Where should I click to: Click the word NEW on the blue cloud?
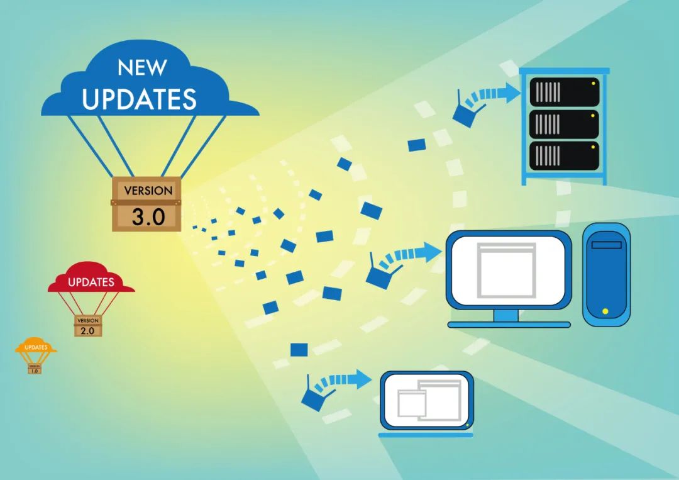pyautogui.click(x=142, y=67)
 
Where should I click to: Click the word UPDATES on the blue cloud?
pyautogui.click(x=139, y=99)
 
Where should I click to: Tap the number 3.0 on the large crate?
pyautogui.click(x=148, y=216)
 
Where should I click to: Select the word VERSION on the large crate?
pyautogui.click(x=148, y=191)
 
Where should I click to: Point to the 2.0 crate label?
pyautogui.click(x=87, y=330)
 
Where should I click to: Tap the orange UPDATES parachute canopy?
pyautogui.click(x=36, y=345)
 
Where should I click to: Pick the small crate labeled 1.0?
pyautogui.click(x=35, y=369)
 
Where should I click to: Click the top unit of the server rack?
pyautogui.click(x=564, y=92)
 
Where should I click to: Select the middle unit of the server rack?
pyautogui.click(x=564, y=124)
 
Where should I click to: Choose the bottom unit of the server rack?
pyautogui.click(x=564, y=156)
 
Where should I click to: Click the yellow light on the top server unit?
pyautogui.click(x=593, y=83)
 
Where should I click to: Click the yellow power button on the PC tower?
pyautogui.click(x=605, y=311)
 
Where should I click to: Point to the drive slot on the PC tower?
pyautogui.click(x=606, y=245)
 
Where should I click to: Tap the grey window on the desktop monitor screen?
pyautogui.click(x=506, y=271)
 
